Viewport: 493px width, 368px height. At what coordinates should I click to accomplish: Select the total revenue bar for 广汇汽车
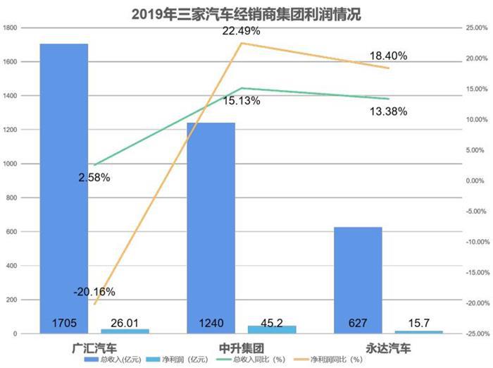pyautogui.click(x=64, y=183)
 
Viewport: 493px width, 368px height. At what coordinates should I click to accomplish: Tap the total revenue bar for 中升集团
pyautogui.click(x=211, y=226)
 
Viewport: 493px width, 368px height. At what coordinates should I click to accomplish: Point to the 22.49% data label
pyautogui.click(x=242, y=31)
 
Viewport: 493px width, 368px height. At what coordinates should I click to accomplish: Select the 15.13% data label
pyautogui.click(x=242, y=101)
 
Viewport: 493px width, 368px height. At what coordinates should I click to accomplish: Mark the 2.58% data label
pyautogui.click(x=94, y=178)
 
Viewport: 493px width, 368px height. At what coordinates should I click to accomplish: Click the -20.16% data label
pyautogui.click(x=94, y=291)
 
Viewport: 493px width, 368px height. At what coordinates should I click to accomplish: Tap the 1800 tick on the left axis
pyautogui.click(x=11, y=27)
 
